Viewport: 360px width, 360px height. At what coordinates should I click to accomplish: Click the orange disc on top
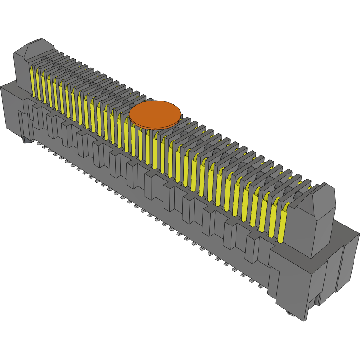155,113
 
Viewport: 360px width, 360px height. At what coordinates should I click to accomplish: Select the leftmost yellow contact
33,82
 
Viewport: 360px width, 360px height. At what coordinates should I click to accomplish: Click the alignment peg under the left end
25,140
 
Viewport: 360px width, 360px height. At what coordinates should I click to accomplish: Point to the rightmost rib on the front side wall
252,248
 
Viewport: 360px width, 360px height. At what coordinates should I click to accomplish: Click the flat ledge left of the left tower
8,84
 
